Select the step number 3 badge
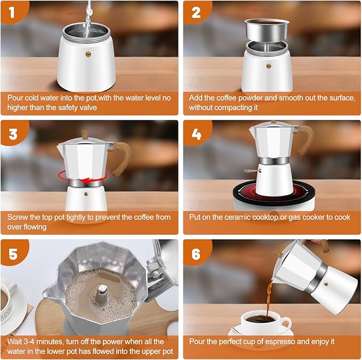(13, 132)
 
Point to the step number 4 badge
(196, 132)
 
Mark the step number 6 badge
(196, 253)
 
